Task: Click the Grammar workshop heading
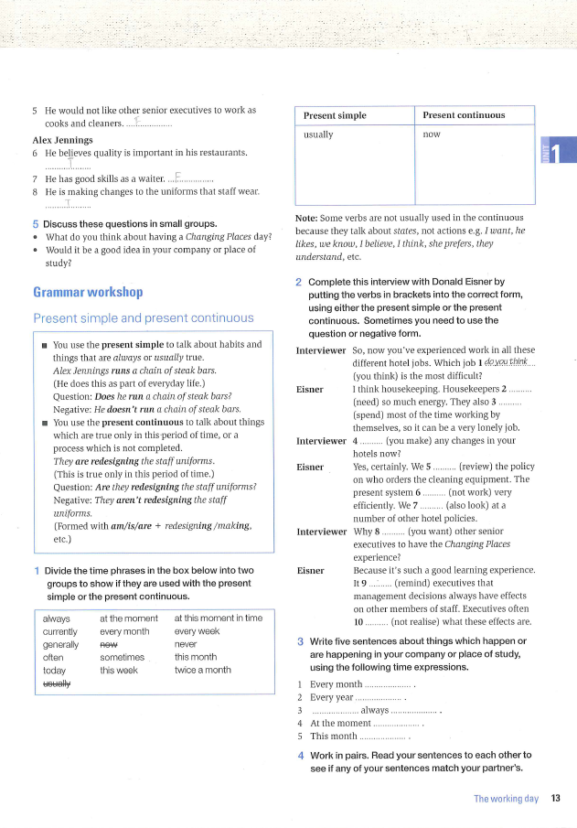point(88,293)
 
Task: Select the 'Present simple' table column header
point(335,115)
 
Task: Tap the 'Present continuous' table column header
point(464,115)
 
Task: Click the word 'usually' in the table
point(318,134)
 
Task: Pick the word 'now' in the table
point(432,134)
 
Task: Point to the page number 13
point(556,799)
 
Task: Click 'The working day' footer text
point(506,799)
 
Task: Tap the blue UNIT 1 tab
point(558,150)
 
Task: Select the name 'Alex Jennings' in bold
point(62,140)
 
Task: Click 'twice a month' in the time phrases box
point(202,670)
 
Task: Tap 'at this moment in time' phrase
point(218,618)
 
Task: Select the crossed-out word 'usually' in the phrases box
point(57,683)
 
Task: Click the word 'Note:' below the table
point(306,218)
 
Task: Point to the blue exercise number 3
point(300,641)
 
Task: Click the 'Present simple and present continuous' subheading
point(143,318)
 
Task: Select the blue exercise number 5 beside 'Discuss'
point(36,224)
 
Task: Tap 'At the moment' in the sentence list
point(339,722)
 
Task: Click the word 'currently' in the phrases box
point(60,631)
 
